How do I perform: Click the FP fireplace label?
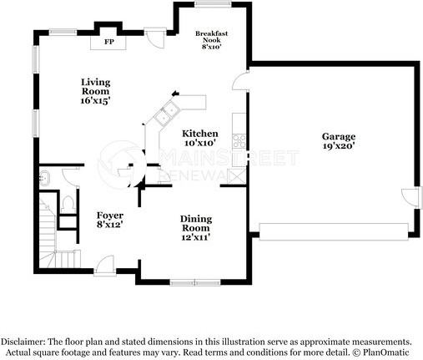109,41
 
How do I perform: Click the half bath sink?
46,177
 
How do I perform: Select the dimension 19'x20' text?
339,147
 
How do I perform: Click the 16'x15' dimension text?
96,100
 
